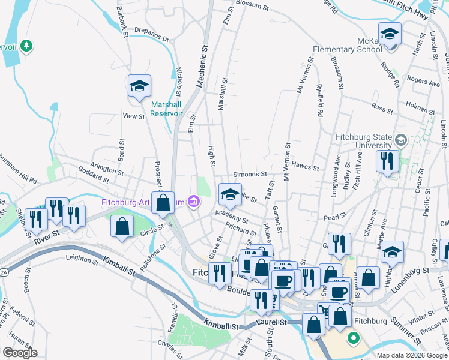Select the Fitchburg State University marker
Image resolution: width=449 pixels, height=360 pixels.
(401, 141)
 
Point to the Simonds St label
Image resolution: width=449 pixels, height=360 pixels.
(250, 174)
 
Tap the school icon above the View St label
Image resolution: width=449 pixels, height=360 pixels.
(139, 86)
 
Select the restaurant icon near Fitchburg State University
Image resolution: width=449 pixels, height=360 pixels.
(388, 160)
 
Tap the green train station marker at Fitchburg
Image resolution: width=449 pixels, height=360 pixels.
(353, 338)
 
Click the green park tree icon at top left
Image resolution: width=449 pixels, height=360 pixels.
(25, 46)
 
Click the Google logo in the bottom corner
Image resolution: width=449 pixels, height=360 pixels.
(20, 353)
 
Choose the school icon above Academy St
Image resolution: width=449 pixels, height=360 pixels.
(229, 194)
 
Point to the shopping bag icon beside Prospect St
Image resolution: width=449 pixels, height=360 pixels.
(163, 203)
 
